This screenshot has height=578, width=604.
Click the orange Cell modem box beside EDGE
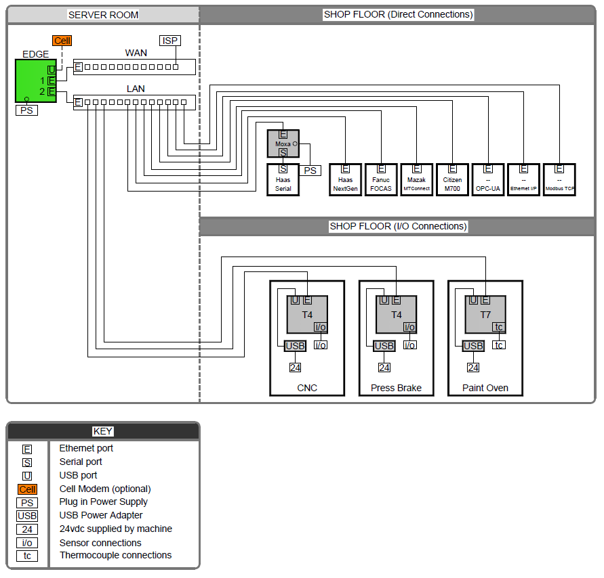click(62, 41)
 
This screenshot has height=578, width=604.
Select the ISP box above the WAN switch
click(169, 41)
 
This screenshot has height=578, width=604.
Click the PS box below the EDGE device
click(26, 110)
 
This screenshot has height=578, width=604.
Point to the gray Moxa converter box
click(283, 143)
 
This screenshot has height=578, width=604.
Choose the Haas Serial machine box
click(283, 179)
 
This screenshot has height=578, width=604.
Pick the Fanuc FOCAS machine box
click(381, 180)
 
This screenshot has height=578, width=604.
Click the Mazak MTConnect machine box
click(417, 180)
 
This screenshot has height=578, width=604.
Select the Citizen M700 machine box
click(452, 180)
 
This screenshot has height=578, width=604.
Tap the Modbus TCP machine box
click(559, 180)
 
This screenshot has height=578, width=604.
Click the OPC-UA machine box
click(488, 180)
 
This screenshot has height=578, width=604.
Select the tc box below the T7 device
click(499, 345)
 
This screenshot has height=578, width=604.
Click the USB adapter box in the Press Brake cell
click(384, 346)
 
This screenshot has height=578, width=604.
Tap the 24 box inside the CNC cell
click(295, 368)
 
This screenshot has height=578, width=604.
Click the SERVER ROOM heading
click(103, 15)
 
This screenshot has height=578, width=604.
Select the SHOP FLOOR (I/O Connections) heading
click(398, 226)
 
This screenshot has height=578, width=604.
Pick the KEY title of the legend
click(103, 431)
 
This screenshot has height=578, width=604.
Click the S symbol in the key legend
click(27, 462)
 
